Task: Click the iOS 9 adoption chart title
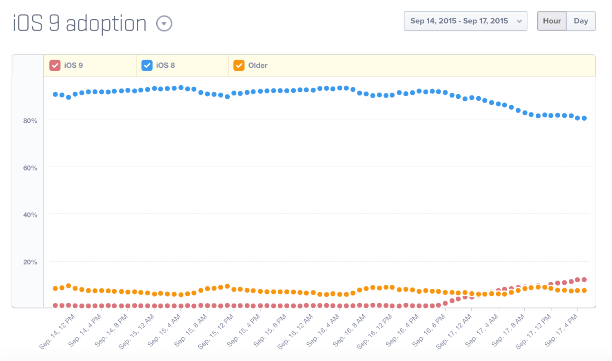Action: pos(80,24)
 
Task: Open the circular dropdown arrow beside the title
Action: pos(164,24)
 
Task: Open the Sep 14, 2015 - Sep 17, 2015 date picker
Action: pos(465,21)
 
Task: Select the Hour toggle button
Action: pos(552,21)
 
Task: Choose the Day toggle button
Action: pos(581,21)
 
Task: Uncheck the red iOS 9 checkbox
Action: pos(55,65)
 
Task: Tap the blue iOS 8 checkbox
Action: pos(147,65)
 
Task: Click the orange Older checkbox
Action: pos(239,65)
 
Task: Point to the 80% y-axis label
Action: pos(30,121)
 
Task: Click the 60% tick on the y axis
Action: pos(30,168)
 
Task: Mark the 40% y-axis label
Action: pos(30,215)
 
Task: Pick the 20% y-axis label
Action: pos(30,262)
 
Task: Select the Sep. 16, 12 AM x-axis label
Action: pos(296,331)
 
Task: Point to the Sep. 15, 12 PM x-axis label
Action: pos(216,331)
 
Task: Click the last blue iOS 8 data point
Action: pos(584,118)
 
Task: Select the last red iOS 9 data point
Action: pos(584,280)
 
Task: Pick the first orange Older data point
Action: pos(55,288)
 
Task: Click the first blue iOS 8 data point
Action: pos(55,94)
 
